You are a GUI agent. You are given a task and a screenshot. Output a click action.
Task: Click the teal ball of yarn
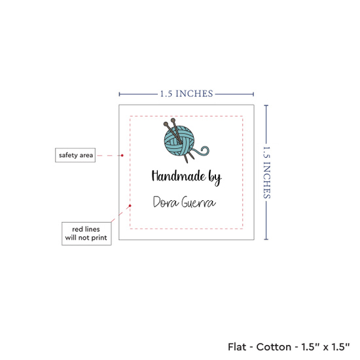tap(179, 141)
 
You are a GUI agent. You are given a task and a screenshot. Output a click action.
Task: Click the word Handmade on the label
tap(179, 176)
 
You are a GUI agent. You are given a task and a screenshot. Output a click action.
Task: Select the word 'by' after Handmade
tap(215, 177)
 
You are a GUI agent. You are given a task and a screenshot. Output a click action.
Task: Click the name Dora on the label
tap(166, 202)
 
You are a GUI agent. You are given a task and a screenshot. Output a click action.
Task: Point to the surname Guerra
tap(198, 202)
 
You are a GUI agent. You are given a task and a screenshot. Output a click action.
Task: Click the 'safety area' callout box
tap(75, 155)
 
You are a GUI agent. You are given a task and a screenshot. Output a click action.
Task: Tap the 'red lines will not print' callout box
tap(86, 234)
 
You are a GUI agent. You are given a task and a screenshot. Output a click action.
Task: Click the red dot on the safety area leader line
tap(122, 155)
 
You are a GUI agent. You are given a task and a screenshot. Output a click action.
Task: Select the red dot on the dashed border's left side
tap(130, 206)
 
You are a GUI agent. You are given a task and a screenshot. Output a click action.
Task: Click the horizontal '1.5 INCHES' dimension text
tap(187, 94)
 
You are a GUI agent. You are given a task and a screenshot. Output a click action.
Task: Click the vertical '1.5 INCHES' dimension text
tap(266, 172)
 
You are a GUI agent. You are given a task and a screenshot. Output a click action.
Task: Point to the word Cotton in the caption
tap(274, 347)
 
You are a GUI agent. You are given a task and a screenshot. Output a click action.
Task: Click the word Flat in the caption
tap(236, 347)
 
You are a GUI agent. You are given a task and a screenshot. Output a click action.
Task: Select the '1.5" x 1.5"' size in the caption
tap(325, 347)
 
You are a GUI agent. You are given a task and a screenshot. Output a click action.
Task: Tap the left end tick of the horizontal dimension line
tap(119, 94)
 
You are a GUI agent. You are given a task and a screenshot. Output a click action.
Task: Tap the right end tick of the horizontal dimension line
tap(253, 94)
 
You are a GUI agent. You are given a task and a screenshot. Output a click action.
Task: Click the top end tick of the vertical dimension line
tap(266, 105)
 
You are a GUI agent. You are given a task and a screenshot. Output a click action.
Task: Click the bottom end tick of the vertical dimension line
tap(266, 240)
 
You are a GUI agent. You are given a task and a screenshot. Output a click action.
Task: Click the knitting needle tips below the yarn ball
tap(189, 159)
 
